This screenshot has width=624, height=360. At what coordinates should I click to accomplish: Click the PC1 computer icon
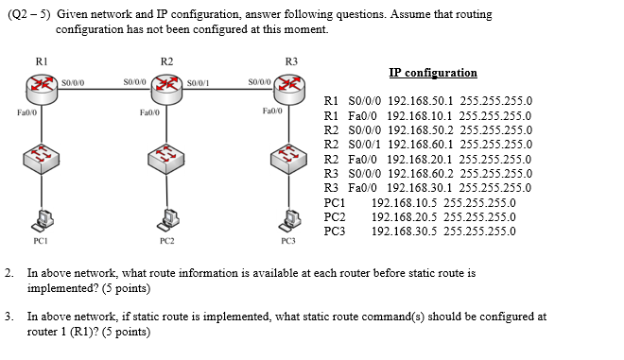click(x=42, y=219)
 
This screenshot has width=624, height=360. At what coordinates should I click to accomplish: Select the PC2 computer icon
click(x=167, y=219)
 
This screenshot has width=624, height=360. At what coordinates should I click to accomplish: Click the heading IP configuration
click(x=432, y=73)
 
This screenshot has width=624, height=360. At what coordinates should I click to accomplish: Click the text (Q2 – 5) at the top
click(x=27, y=15)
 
